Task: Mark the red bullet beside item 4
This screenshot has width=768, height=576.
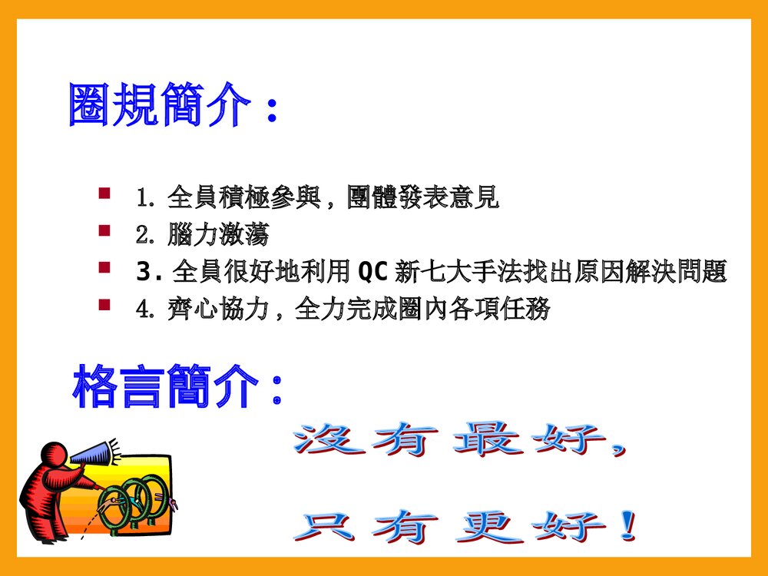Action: tap(104, 305)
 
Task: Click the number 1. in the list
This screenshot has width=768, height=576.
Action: tap(147, 198)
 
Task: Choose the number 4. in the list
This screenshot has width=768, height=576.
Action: tap(147, 310)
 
